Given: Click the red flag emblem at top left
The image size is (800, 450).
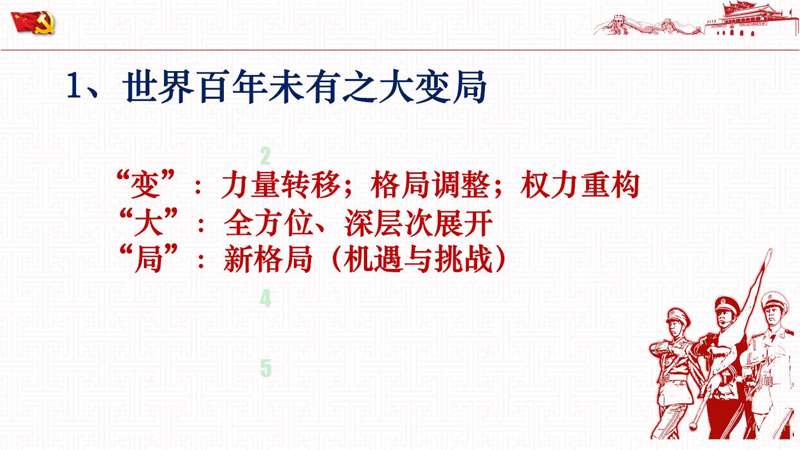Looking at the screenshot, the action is [x=33, y=23].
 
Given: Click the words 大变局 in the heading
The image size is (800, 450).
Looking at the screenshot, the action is [x=432, y=87].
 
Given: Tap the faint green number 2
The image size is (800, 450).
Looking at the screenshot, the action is [x=266, y=156].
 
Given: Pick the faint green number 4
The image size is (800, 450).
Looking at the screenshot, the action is [x=266, y=299].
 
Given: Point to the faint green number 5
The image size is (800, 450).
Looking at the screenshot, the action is [x=266, y=368].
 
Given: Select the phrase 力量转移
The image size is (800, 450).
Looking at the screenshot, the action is [x=281, y=185].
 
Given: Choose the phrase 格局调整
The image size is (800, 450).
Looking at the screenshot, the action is [x=430, y=185].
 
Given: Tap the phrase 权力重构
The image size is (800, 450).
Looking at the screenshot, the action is [x=580, y=185].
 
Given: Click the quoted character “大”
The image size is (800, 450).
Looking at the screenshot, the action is [x=148, y=222].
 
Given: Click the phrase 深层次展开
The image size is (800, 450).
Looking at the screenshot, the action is [x=418, y=223].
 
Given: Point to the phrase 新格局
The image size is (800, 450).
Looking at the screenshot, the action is [x=268, y=259].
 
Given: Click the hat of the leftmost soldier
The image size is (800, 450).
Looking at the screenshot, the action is [x=678, y=316].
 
